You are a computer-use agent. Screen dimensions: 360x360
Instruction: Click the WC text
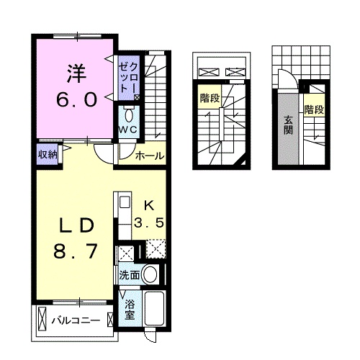[129, 130]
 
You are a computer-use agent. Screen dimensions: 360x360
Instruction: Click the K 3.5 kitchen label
[152, 214]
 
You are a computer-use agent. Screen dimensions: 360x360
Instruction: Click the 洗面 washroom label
[129, 274]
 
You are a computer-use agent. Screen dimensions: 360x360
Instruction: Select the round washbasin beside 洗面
[150, 274]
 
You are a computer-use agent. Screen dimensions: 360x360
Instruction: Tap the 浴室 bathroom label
[130, 310]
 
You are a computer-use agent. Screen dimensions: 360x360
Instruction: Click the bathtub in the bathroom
[156, 310]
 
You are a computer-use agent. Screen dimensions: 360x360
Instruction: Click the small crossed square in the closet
[137, 96]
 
